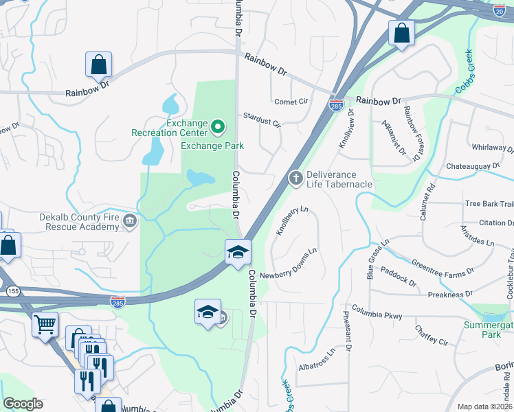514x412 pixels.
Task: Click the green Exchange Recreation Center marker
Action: click(218, 126)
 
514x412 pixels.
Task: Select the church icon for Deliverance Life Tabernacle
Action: click(296, 179)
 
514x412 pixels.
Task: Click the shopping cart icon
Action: click(45, 323)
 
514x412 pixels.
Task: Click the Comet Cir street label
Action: click(291, 102)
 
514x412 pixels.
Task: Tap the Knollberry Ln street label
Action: click(292, 220)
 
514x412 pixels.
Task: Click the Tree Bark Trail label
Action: click(489, 204)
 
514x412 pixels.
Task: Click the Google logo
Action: click(23, 404)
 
